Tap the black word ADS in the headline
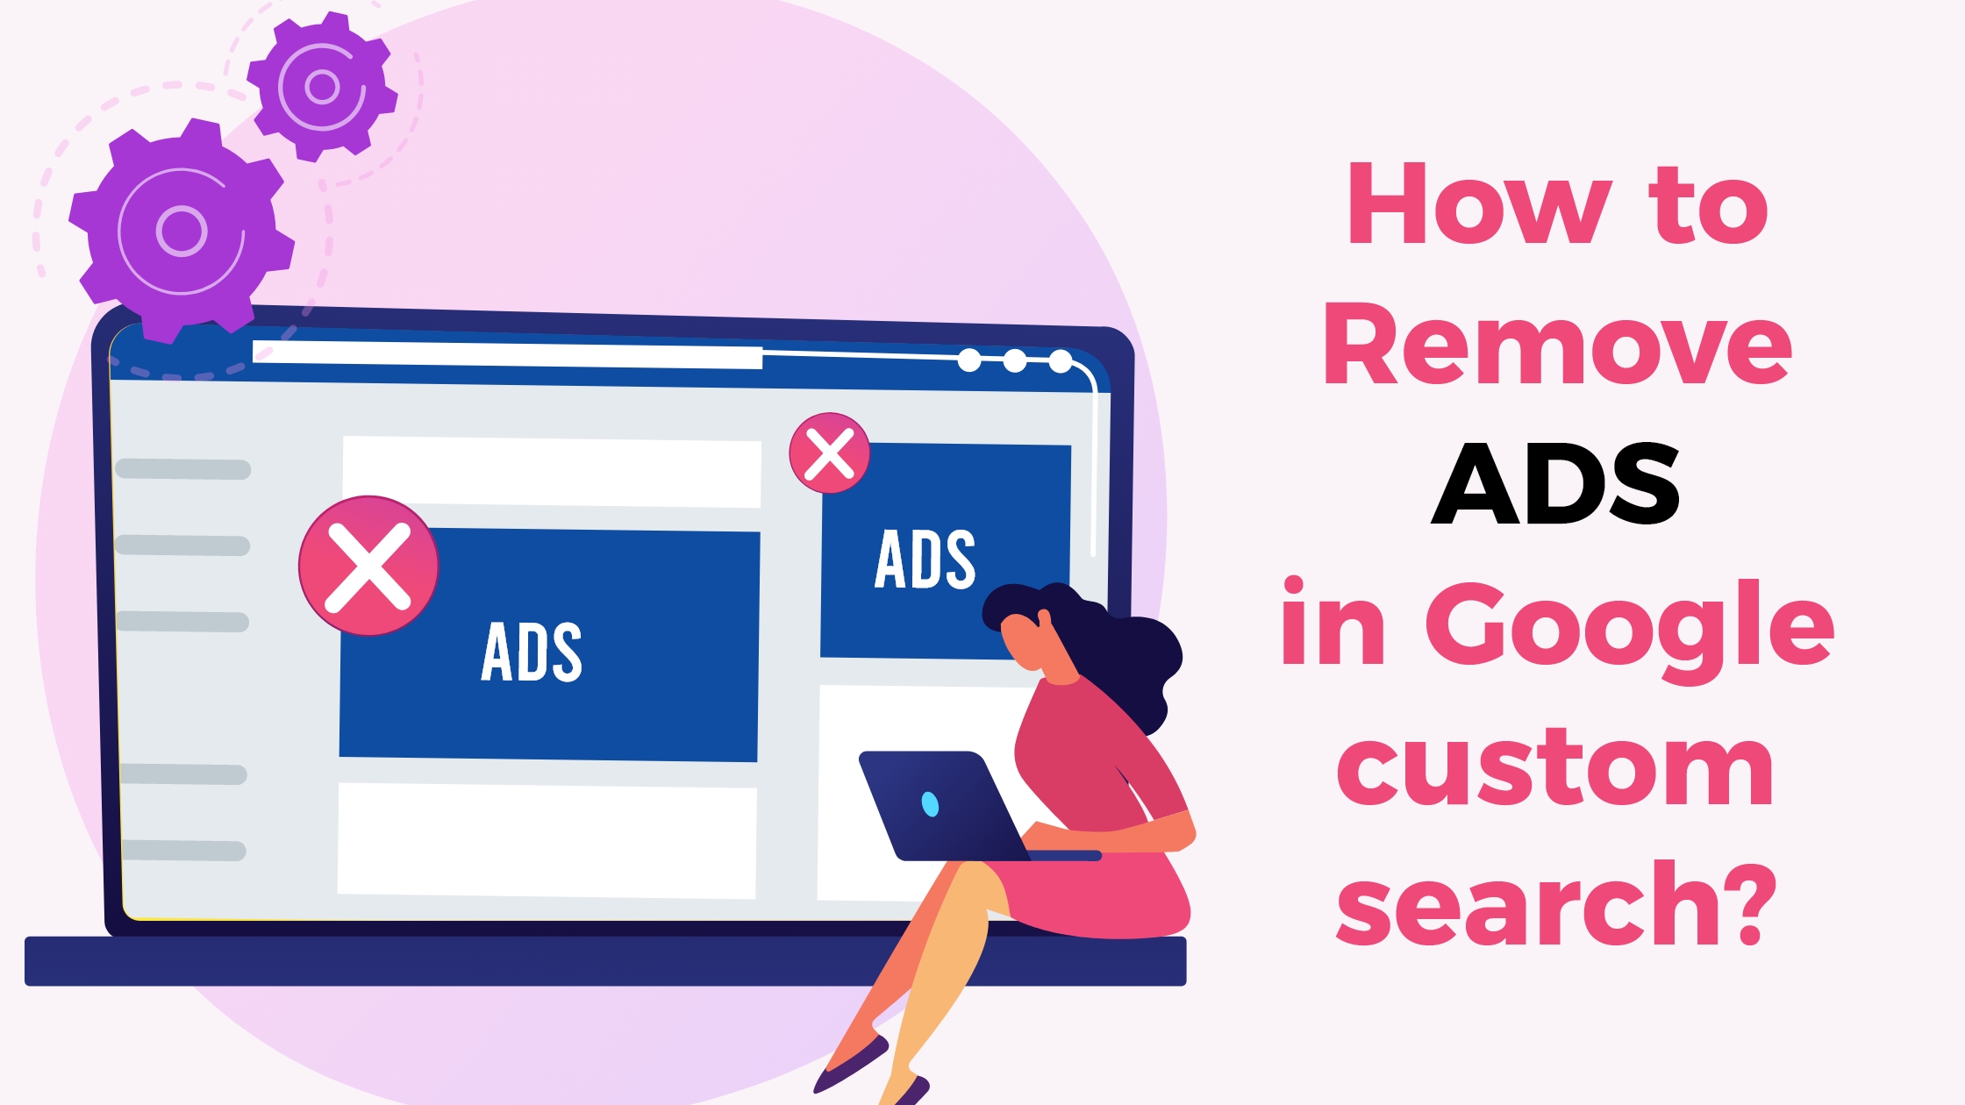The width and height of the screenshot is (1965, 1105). (x=1555, y=483)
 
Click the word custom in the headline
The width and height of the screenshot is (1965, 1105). (x=1555, y=767)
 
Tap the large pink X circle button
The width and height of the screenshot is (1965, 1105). (x=368, y=567)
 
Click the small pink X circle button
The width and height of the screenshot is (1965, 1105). (x=829, y=453)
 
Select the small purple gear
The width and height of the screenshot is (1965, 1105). (x=322, y=86)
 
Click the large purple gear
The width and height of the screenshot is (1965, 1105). (x=182, y=230)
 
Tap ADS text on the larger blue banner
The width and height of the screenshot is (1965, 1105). (x=532, y=652)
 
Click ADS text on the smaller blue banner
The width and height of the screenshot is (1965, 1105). (x=925, y=559)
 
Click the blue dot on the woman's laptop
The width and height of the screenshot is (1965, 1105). (x=930, y=803)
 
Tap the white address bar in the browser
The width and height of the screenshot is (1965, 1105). (x=507, y=355)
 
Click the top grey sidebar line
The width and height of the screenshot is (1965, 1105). (x=183, y=469)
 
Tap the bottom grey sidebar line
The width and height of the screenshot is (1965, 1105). (x=183, y=850)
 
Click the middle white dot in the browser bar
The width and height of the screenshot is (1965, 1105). (x=1015, y=360)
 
